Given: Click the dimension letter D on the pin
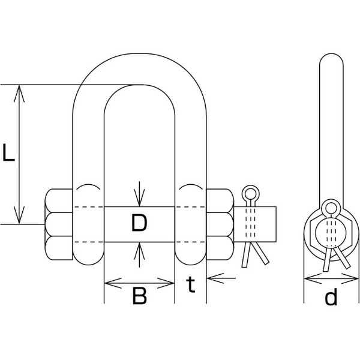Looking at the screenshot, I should [139, 224].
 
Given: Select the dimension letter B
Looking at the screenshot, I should [139, 296].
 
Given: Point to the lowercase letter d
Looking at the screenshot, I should [331, 296].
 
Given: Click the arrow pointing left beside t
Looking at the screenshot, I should [212, 278].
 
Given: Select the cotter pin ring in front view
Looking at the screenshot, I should [250, 194].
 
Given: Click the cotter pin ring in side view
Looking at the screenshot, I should [330, 208].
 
